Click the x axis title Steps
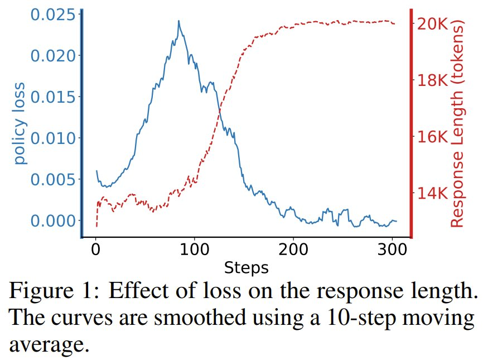coord(246,268)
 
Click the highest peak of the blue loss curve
coord(178,21)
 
